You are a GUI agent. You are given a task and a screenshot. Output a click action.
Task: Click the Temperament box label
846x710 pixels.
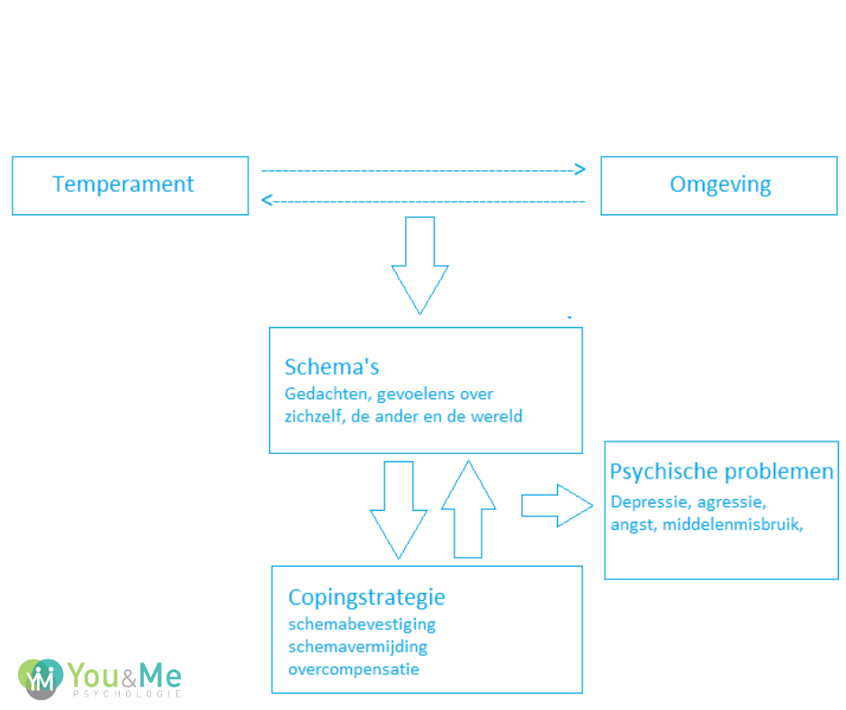click(x=123, y=185)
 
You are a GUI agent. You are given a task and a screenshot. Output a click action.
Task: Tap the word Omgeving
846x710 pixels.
click(x=720, y=185)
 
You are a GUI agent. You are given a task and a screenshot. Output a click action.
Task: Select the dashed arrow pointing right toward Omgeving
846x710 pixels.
click(x=423, y=169)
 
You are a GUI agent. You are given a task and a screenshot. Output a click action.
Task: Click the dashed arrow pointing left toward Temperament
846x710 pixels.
click(x=423, y=201)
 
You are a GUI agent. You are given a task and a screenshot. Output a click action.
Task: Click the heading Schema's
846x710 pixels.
click(x=332, y=367)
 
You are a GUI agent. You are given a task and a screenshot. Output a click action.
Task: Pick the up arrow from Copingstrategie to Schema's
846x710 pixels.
click(x=468, y=509)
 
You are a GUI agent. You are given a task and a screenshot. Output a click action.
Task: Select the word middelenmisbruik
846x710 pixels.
click(x=731, y=524)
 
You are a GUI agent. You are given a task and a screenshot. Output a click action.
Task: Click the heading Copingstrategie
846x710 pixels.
click(x=366, y=597)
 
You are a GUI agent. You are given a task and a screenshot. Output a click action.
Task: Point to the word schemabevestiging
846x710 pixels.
click(x=362, y=624)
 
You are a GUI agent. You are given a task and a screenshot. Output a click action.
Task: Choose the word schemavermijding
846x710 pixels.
click(x=358, y=646)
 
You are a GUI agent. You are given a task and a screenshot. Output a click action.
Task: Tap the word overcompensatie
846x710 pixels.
click(x=354, y=669)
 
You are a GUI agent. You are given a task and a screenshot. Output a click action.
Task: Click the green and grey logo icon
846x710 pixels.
click(x=40, y=677)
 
